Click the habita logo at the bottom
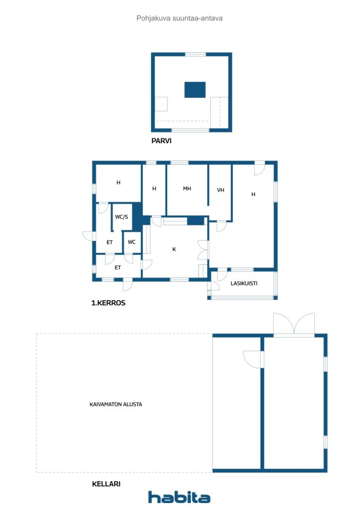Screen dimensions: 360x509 click(179, 497)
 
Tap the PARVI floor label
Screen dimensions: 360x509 click(161, 141)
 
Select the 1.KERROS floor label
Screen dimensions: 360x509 click(108, 303)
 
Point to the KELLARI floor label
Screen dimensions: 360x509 click(106, 484)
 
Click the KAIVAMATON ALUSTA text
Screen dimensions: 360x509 click(116, 404)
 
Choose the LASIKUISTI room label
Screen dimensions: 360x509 click(244, 283)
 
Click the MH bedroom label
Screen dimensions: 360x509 click(187, 188)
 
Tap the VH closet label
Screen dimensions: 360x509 click(220, 190)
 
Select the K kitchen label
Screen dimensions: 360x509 click(175, 250)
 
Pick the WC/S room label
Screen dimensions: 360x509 click(122, 217)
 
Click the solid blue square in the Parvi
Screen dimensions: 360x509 click(195, 89)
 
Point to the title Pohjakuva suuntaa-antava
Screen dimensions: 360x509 click(180, 18)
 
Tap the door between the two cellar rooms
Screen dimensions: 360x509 click(253, 359)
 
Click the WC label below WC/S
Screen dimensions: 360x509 click(131, 242)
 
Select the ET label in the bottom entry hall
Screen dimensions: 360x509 click(117, 267)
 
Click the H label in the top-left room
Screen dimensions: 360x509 click(118, 182)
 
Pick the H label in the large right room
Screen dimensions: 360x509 click(254, 194)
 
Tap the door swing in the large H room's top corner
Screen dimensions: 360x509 click(260, 168)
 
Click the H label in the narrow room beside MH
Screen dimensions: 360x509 click(154, 188)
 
